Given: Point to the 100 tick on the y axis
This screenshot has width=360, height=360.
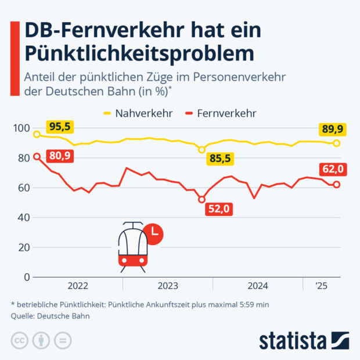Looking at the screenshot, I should click(x=20, y=128).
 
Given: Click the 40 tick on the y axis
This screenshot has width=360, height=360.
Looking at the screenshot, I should click(x=22, y=218).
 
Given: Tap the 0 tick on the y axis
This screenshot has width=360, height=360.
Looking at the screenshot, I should click(x=25, y=277).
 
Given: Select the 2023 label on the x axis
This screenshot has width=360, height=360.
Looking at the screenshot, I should click(x=168, y=286).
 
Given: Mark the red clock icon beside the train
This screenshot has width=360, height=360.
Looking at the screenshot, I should click(x=154, y=233).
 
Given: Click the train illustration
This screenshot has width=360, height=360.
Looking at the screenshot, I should click(x=132, y=247).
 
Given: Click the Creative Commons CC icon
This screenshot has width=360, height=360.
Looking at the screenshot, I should click(x=20, y=340).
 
